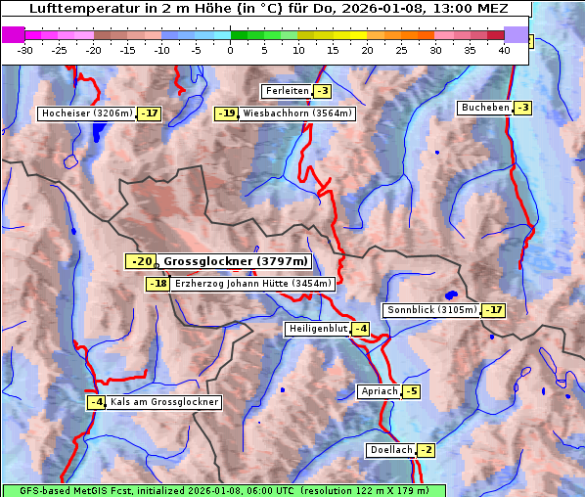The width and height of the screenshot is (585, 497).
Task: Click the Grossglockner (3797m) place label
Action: [235, 261]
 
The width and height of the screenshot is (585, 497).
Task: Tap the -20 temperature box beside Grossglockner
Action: [141, 261]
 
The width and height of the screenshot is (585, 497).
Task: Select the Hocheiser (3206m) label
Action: [86, 113]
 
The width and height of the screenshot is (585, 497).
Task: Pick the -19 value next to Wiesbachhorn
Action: [227, 113]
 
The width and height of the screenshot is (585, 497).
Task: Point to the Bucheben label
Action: [485, 108]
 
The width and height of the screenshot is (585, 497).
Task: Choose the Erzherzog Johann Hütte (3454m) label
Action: [253, 284]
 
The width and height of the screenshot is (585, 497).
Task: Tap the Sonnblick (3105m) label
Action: [431, 310]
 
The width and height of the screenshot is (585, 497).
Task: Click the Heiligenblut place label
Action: [318, 329]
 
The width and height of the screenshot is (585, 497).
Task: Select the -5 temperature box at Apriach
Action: [411, 391]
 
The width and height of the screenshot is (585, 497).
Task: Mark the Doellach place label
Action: [391, 450]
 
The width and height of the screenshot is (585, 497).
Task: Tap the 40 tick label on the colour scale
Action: [504, 51]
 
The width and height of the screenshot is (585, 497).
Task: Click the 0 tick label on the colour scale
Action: [231, 51]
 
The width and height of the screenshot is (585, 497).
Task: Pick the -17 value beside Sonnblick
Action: [494, 310]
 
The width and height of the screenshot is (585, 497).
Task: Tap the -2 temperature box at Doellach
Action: [427, 450]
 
